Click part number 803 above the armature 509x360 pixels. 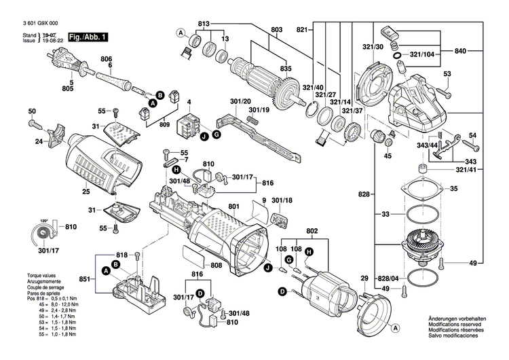pyautogui.click(x=276, y=29)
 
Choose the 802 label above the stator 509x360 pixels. pyautogui.click(x=312, y=232)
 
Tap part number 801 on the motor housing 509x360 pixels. pyautogui.click(x=234, y=207)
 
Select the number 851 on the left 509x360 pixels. pyautogui.click(x=84, y=279)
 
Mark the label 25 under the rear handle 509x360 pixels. pyautogui.click(x=86, y=192)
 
